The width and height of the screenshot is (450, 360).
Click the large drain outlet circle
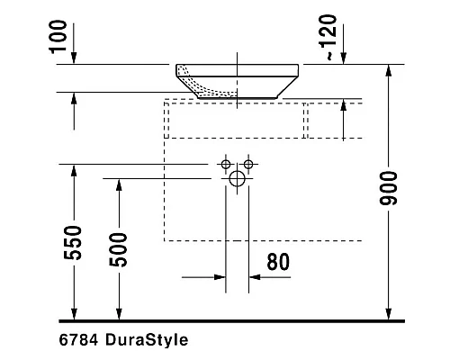click(237, 178)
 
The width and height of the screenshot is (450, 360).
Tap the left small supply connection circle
click(225, 164)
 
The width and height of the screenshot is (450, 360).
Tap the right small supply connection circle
click(248, 164)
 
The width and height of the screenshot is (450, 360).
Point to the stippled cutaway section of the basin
click(202, 81)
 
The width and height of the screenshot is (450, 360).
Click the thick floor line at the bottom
click(225, 320)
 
